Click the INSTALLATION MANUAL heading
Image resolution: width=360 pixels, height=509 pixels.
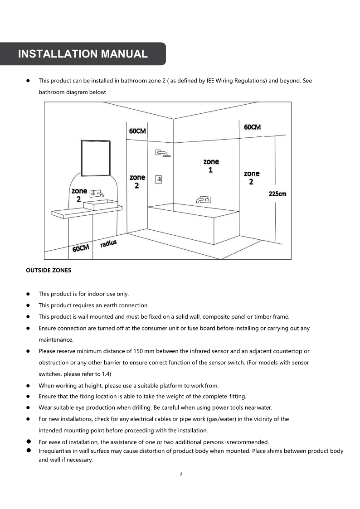pos(83,54)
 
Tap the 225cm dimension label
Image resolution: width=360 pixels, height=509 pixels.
pos(277,194)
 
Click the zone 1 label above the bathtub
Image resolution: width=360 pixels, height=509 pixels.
pos(211,165)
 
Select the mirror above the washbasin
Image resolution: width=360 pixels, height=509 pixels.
pos(96,158)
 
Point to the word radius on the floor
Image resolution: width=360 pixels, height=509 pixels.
pos(108,244)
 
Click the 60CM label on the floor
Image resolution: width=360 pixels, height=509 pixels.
pos(81,248)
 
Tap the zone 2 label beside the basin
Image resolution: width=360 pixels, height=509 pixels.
pos(79,195)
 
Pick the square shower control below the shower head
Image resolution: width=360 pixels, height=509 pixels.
pos(159,179)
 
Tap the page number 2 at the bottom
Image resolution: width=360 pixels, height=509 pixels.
pos(181,474)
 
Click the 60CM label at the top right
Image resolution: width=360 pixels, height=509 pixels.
pos(252,127)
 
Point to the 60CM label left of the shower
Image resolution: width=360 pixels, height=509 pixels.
pos(137,131)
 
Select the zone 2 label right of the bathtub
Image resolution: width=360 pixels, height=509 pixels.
pos(251,177)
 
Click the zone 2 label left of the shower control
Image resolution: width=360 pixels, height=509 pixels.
pos(137,181)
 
